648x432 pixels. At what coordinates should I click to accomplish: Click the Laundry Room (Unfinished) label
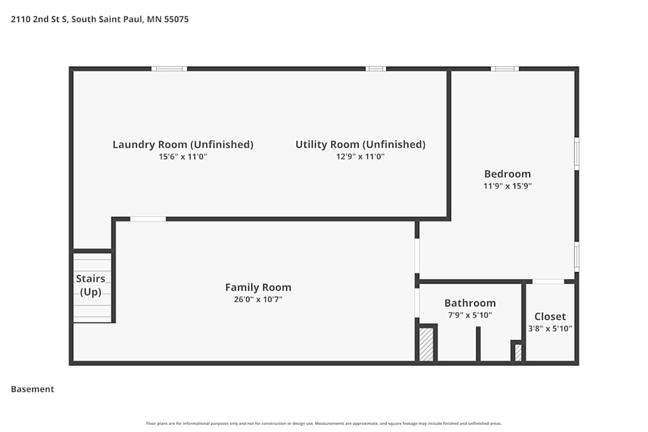point(183,144)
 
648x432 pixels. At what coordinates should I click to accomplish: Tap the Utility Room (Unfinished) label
point(360,144)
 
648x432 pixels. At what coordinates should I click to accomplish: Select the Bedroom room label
point(507,174)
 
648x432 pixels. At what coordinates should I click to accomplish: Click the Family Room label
point(258,288)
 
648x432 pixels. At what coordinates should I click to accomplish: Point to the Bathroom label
point(470,303)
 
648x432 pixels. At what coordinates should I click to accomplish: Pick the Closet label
point(550,317)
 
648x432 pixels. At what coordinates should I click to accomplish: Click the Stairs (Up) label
point(91,285)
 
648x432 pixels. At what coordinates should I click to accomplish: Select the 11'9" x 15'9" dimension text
point(508,186)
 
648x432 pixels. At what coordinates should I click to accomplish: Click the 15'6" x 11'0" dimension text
point(183,157)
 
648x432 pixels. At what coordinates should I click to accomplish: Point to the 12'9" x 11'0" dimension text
point(360,157)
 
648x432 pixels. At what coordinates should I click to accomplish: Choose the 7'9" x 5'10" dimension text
point(470,315)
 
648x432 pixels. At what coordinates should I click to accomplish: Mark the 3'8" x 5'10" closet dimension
point(550,328)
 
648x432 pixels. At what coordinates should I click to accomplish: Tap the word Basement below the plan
point(32,389)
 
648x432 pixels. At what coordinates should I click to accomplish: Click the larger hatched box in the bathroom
point(426,345)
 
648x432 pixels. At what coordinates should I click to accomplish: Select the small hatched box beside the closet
point(518,352)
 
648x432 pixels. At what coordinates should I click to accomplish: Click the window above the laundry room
point(169,69)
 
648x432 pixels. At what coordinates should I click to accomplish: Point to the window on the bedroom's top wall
point(504,69)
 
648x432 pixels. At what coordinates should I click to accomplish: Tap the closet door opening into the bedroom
point(548,282)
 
